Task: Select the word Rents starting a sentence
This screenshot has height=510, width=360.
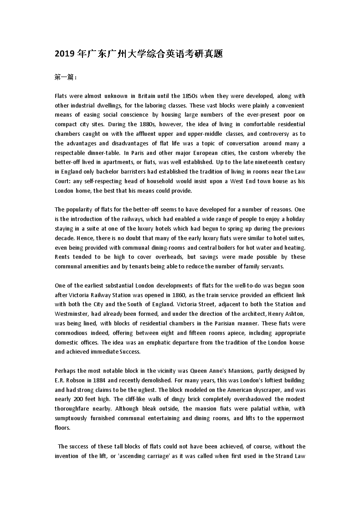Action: pyautogui.click(x=62, y=257)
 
